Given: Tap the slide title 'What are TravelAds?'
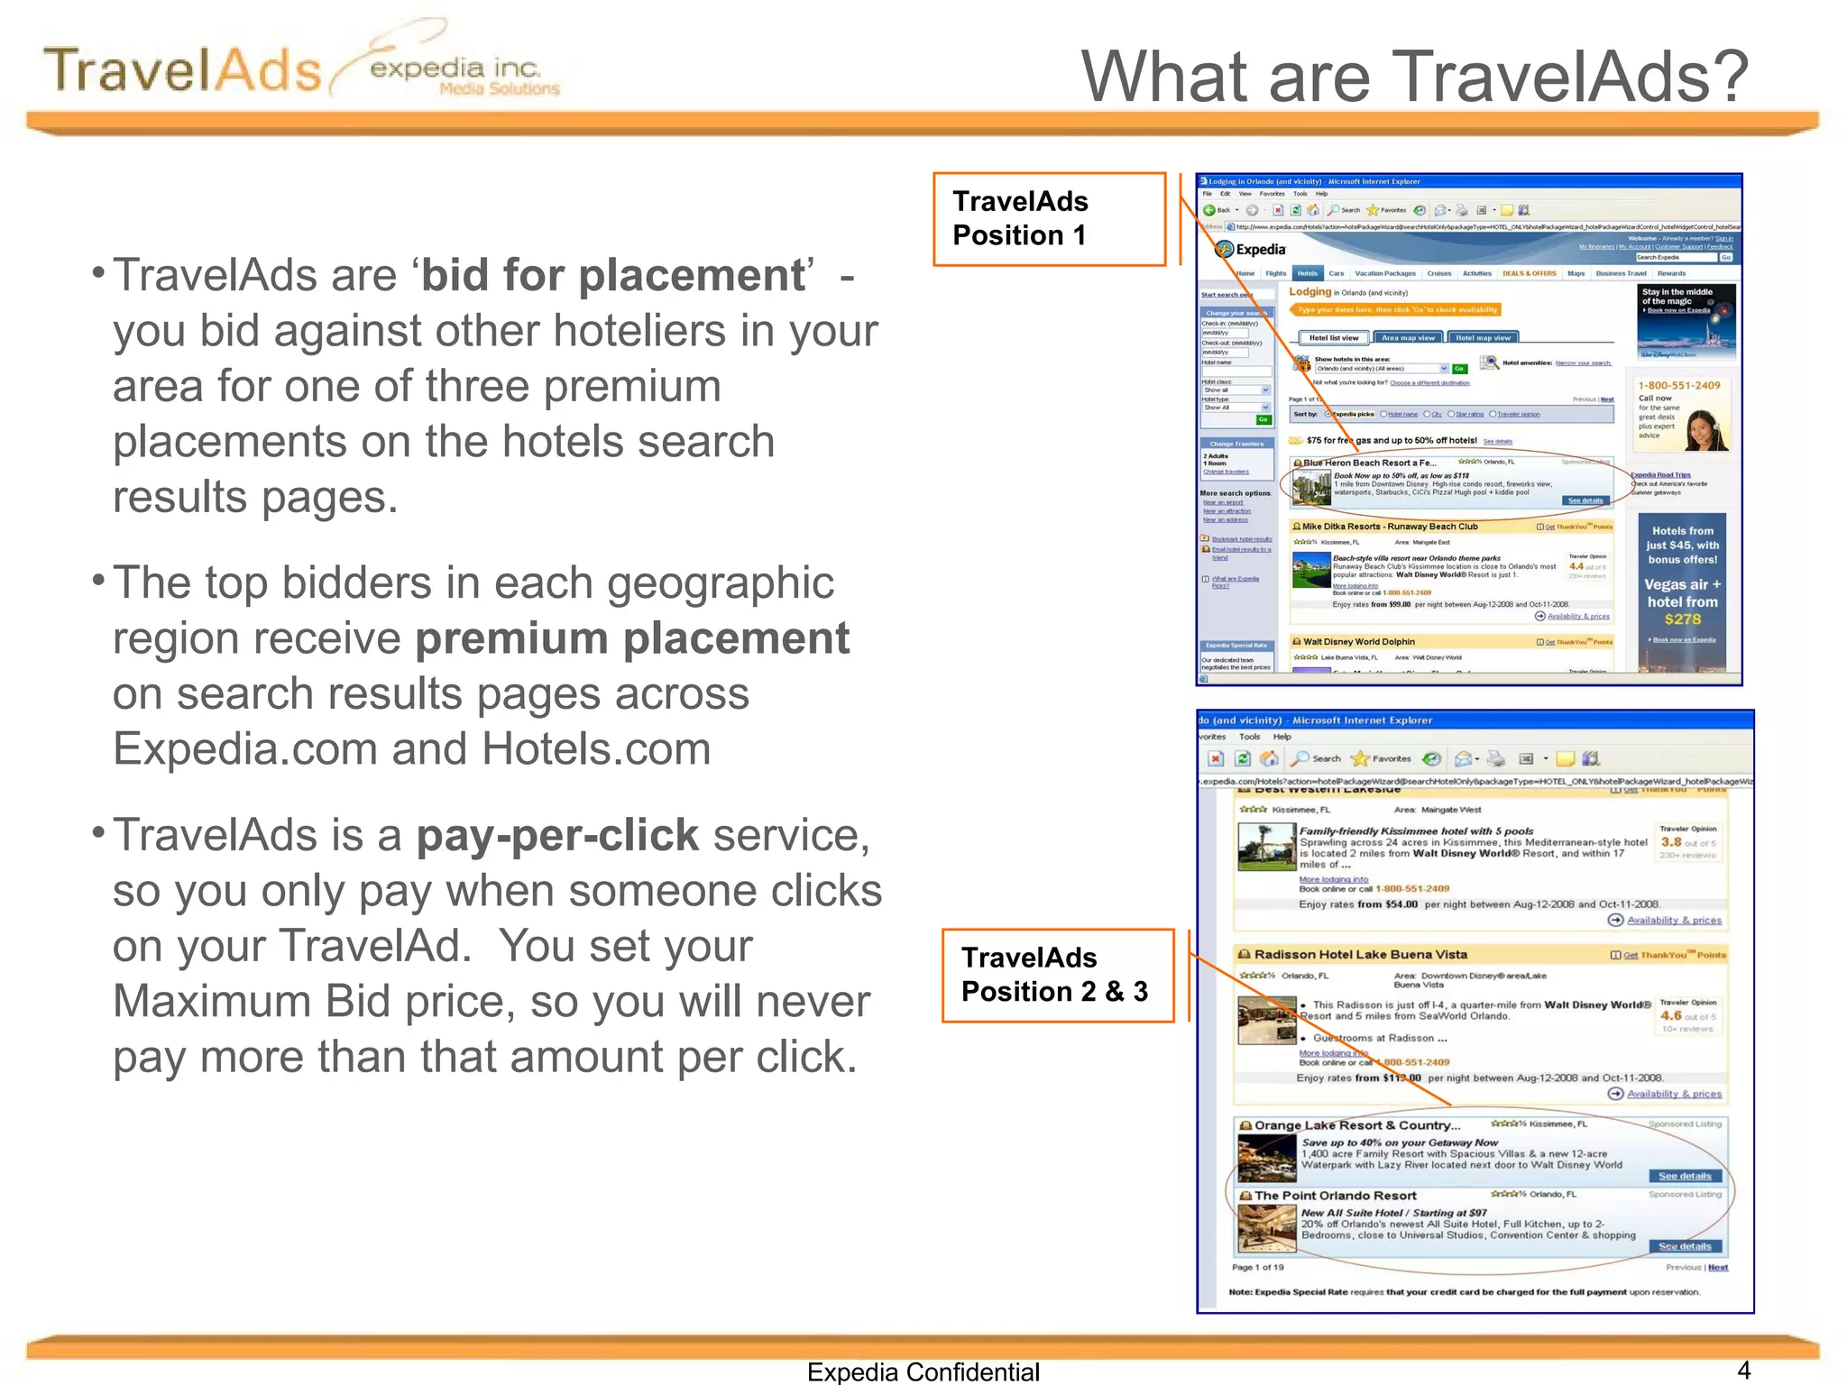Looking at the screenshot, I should pyautogui.click(x=1414, y=77).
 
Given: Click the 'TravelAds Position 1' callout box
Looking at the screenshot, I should pyautogui.click(x=1049, y=219).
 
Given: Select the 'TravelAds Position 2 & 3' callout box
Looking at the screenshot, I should pyautogui.click(x=1057, y=976).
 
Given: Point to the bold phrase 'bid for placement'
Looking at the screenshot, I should pyautogui.click(x=613, y=276).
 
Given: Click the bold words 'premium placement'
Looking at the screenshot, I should pyautogui.click(x=632, y=639).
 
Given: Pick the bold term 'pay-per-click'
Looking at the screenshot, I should pyautogui.click(x=557, y=836).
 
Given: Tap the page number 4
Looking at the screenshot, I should pyautogui.click(x=1743, y=1371).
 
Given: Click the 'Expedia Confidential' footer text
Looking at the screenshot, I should pyautogui.click(x=923, y=1371).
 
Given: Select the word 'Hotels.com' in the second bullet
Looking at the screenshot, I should pyautogui.click(x=596, y=749).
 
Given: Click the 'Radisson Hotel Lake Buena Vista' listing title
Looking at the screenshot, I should pyautogui.click(x=1360, y=955).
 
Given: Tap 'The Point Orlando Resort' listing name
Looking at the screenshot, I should pyautogui.click(x=1335, y=1196).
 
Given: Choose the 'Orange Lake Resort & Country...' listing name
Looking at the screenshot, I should pyautogui.click(x=1356, y=1125).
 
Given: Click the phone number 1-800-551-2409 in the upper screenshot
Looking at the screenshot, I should pyautogui.click(x=1679, y=385).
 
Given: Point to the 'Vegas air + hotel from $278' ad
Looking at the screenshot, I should pyautogui.click(x=1682, y=601).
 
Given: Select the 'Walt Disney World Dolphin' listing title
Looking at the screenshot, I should pyautogui.click(x=1358, y=642).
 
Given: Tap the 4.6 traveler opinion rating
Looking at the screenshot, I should pyautogui.click(x=1670, y=1015).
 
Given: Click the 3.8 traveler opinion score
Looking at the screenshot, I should pyautogui.click(x=1670, y=842).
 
